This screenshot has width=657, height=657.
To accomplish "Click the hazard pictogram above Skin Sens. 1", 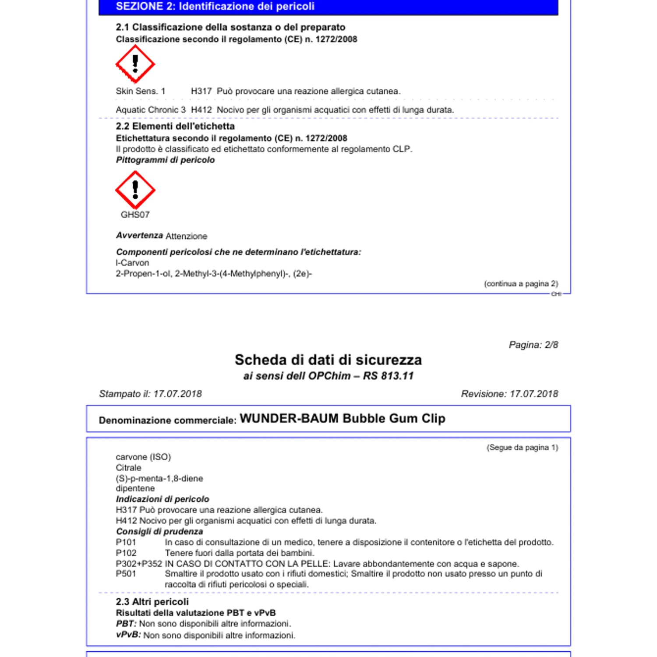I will tap(135, 64).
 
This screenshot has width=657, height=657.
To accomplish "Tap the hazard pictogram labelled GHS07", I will tap(135, 190).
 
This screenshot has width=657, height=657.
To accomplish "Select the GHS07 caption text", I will tap(135, 215).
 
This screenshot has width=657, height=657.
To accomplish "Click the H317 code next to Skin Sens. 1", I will tap(201, 91).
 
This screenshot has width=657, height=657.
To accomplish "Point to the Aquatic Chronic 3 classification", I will tap(151, 110).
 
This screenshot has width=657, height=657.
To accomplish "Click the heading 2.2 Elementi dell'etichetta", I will tap(175, 126).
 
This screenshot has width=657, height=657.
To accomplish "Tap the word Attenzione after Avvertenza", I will tap(186, 236).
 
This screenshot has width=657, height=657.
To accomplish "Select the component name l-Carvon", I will tap(132, 263).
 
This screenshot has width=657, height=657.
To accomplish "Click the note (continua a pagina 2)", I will tap(521, 284).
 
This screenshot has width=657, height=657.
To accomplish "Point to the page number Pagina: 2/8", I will tap(533, 345).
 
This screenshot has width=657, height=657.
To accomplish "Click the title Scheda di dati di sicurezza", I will tap(328, 360).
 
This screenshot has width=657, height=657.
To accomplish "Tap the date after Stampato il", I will tap(177, 394).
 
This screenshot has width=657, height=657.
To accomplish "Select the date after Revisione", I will tap(534, 394).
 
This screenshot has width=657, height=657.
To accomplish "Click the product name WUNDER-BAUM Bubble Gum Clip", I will tap(342, 419).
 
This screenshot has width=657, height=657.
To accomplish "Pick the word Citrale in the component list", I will tap(128, 468).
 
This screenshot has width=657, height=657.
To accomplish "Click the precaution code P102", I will tap(126, 553).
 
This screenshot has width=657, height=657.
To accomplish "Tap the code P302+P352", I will tap(139, 564).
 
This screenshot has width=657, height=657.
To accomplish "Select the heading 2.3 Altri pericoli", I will tap(152, 602).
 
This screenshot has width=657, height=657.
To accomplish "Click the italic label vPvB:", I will tap(128, 635).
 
